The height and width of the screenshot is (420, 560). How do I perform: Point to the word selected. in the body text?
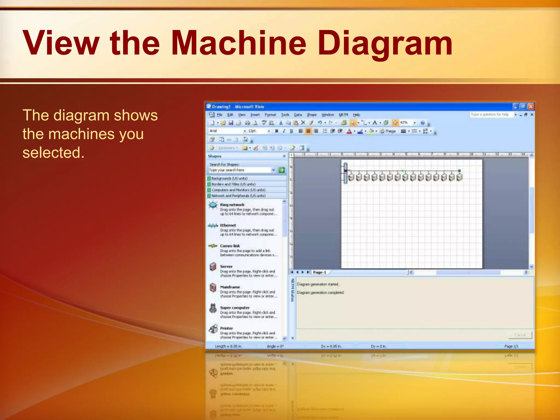click(54, 153)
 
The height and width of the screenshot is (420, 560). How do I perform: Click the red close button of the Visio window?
click(530, 106)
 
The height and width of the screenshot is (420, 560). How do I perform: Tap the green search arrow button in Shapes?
click(281, 170)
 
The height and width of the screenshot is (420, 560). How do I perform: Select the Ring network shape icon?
click(213, 205)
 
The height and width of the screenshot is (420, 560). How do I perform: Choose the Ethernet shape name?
click(228, 225)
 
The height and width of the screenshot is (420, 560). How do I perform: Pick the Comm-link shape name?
click(230, 246)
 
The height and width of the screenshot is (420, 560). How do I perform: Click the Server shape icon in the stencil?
click(213, 267)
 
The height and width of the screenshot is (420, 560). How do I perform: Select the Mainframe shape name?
click(230, 287)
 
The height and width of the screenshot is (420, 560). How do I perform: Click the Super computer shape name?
click(235, 308)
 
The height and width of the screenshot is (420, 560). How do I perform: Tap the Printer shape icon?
click(213, 329)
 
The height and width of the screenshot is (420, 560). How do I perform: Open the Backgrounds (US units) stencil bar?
click(229, 178)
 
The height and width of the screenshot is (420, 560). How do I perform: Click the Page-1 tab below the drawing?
click(319, 272)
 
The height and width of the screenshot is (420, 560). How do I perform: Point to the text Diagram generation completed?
click(320, 293)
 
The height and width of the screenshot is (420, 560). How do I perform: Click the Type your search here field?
click(239, 170)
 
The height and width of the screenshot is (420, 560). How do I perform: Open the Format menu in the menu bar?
click(270, 115)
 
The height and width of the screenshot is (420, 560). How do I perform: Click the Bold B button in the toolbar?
click(277, 131)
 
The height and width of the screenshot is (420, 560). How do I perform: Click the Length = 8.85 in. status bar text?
click(228, 346)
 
